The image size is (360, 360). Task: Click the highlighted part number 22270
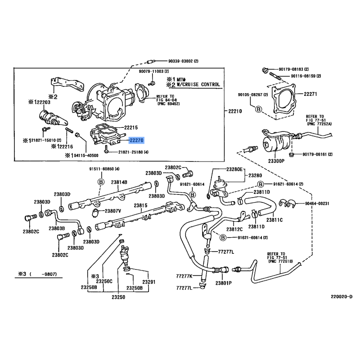(136, 140)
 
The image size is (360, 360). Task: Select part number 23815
(140, 205)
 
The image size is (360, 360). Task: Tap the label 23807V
(113, 211)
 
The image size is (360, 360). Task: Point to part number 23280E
(234, 169)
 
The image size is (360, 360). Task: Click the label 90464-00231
(315, 203)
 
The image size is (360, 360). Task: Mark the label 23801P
(223, 283)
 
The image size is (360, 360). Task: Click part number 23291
(149, 282)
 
